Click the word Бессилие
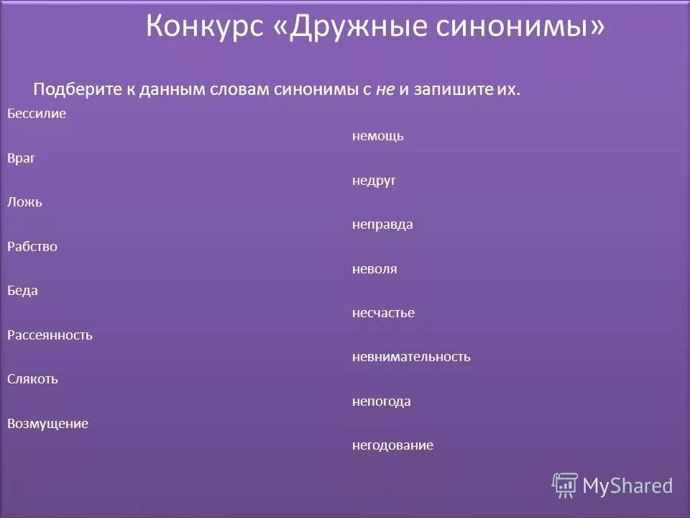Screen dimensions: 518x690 click(37, 114)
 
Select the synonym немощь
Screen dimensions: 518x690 click(377, 136)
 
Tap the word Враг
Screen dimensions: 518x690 click(22, 158)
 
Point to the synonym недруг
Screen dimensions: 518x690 click(374, 181)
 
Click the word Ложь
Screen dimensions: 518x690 click(24, 202)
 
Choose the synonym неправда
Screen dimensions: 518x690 click(382, 224)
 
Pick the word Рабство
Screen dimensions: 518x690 click(32, 247)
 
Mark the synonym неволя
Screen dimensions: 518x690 click(374, 269)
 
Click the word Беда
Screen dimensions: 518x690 click(22, 291)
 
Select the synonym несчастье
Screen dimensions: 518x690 click(383, 313)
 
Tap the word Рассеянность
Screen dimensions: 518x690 click(50, 335)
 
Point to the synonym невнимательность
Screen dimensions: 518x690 click(411, 357)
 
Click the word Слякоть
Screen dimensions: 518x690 click(32, 379)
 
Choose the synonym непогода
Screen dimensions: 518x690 click(382, 401)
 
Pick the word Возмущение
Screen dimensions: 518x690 click(47, 424)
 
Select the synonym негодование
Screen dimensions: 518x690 click(392, 445)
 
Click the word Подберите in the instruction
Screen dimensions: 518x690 click(76, 90)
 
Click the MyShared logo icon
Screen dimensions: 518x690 click(565, 485)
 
